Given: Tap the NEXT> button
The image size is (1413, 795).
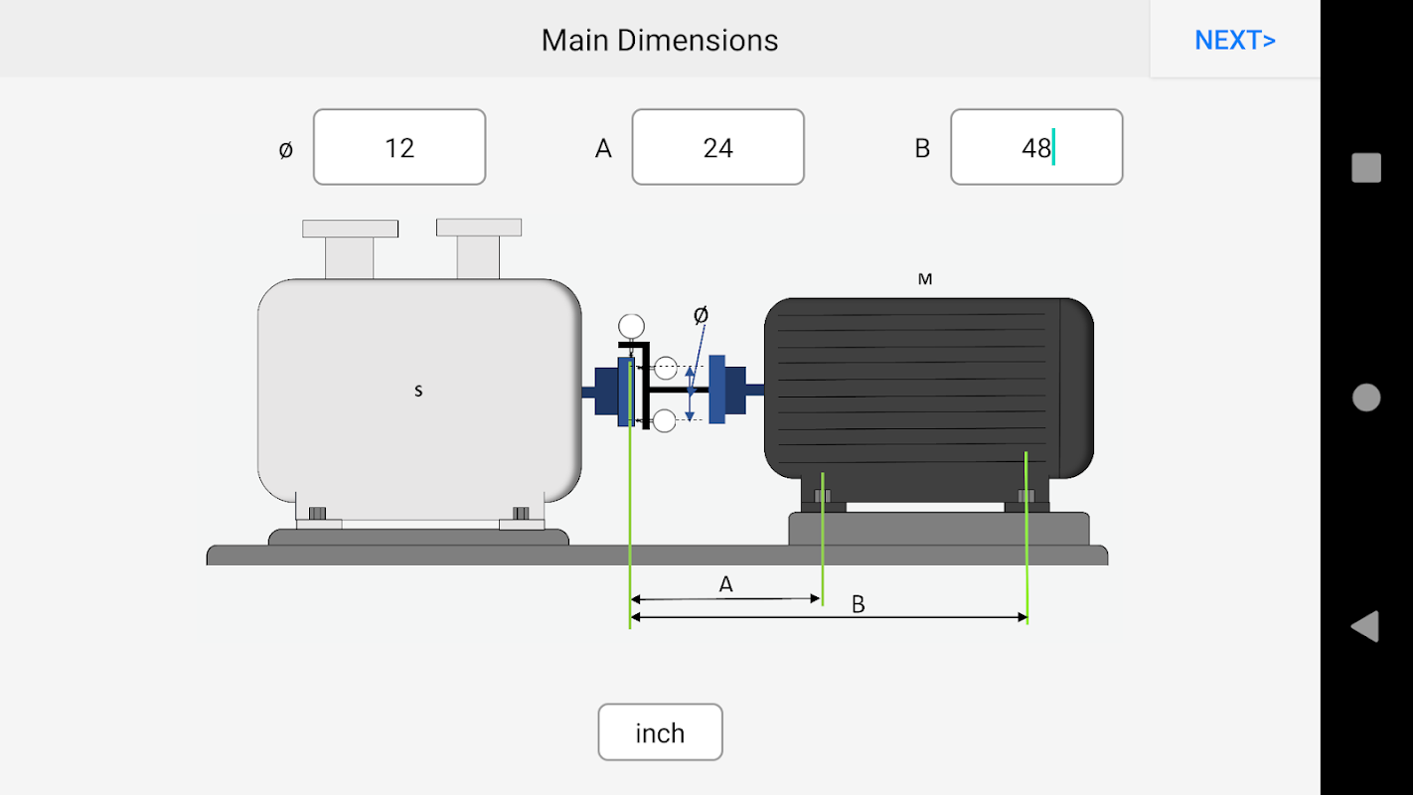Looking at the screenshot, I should (x=1235, y=40).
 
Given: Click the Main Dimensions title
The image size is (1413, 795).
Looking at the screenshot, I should (x=660, y=40).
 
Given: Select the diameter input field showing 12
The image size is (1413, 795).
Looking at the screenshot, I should (x=399, y=147).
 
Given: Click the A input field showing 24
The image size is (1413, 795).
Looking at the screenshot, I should (x=717, y=147).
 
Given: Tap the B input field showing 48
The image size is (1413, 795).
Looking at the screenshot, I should (x=1036, y=147).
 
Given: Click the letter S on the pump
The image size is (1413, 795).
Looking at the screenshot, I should (x=418, y=391).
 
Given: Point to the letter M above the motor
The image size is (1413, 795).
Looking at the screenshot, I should (x=925, y=279).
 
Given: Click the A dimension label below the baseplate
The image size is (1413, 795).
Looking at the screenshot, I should (x=726, y=584).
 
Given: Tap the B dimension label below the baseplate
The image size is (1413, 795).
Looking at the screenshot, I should (x=859, y=604).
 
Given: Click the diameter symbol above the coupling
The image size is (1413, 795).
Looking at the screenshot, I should (x=701, y=315).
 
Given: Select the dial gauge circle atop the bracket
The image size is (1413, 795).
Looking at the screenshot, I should (x=631, y=325).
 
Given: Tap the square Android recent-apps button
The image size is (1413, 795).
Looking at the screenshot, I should (x=1366, y=168).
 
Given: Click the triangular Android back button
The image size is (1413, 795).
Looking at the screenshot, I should (x=1365, y=626).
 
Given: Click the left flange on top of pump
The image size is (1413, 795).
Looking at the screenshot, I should (x=350, y=230).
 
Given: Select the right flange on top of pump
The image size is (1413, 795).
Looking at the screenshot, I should (x=479, y=229).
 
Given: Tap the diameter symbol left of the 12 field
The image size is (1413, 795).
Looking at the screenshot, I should (x=286, y=149).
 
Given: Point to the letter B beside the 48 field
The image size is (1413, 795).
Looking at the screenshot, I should (x=922, y=148).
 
